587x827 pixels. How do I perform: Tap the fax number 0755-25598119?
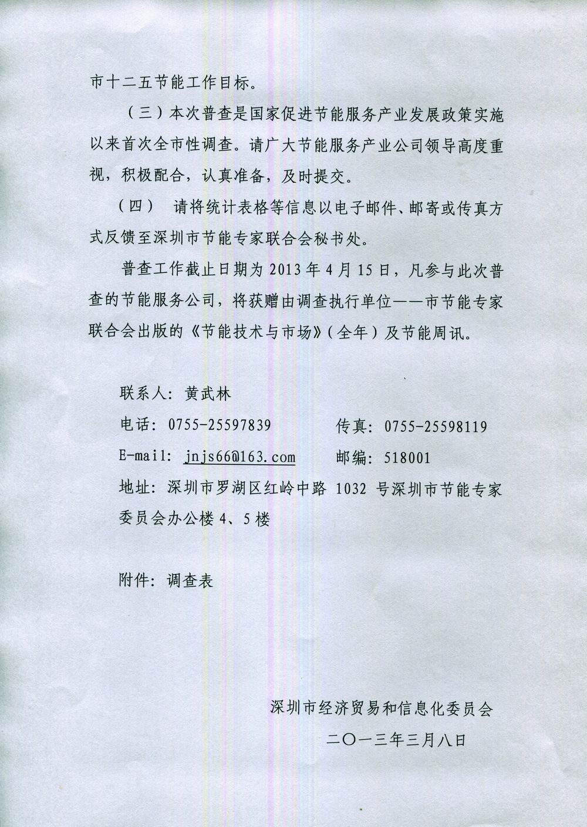click(x=436, y=427)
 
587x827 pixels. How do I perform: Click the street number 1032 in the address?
click(x=350, y=490)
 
